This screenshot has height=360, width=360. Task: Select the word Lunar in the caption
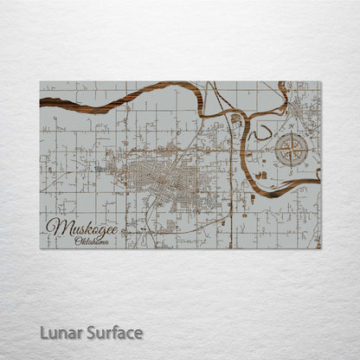(59, 332)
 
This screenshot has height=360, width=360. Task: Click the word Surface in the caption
(113, 332)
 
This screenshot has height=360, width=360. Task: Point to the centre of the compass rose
(292, 151)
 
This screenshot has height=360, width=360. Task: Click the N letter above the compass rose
(292, 132)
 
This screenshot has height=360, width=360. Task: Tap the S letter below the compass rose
(292, 170)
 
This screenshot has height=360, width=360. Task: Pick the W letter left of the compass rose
(273, 151)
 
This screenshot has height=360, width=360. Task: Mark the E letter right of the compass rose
(311, 151)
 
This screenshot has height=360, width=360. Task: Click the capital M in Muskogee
(55, 227)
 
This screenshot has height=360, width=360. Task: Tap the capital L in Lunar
(43, 332)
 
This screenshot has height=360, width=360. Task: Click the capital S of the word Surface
(90, 332)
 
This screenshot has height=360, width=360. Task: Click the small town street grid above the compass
(301, 108)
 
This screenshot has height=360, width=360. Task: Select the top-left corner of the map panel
(40, 81)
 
